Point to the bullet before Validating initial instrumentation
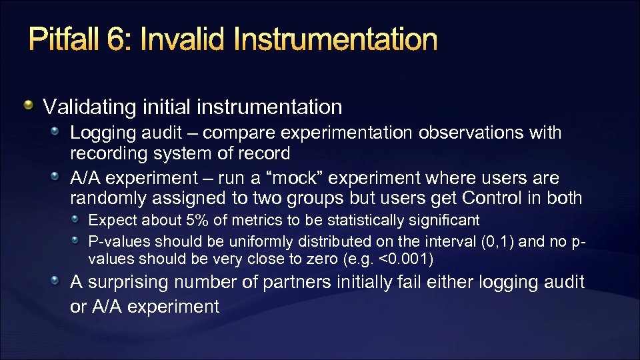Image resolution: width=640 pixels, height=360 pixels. tap(29, 106)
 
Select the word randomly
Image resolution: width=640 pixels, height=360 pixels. tap(108, 199)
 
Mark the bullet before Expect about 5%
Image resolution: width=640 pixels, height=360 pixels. tap(77, 220)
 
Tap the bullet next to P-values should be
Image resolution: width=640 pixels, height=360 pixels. tap(77, 239)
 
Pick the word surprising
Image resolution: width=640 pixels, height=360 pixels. tap(126, 283)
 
